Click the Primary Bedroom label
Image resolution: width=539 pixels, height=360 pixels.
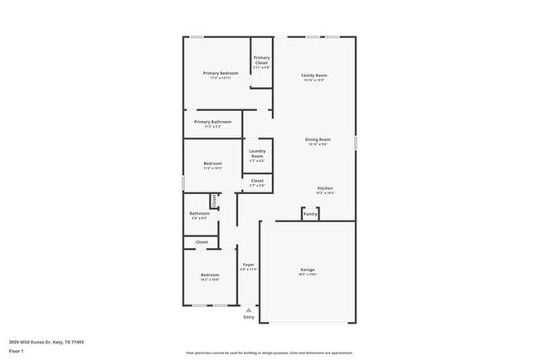221,74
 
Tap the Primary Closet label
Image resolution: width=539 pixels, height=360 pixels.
261,60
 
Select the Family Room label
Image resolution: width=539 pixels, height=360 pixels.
313,75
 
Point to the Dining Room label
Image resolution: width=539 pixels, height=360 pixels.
318,139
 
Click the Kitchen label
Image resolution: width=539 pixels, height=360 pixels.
325,188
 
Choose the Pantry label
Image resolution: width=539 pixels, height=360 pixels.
309,214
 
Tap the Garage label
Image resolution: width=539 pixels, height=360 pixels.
307,270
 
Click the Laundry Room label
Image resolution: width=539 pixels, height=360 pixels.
257,153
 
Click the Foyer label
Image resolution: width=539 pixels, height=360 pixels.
248,265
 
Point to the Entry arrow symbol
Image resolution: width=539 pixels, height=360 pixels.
248,309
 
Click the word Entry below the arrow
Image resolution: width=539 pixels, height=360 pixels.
248,318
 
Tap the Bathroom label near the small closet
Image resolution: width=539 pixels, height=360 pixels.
199,213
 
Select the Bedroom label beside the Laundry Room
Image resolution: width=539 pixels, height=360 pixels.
212,163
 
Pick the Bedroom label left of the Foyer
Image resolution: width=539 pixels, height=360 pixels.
209,275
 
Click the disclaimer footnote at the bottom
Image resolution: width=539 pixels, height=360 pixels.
269,352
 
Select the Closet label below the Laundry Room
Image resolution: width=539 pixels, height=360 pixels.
257,181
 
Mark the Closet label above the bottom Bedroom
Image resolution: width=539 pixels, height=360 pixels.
202,242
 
